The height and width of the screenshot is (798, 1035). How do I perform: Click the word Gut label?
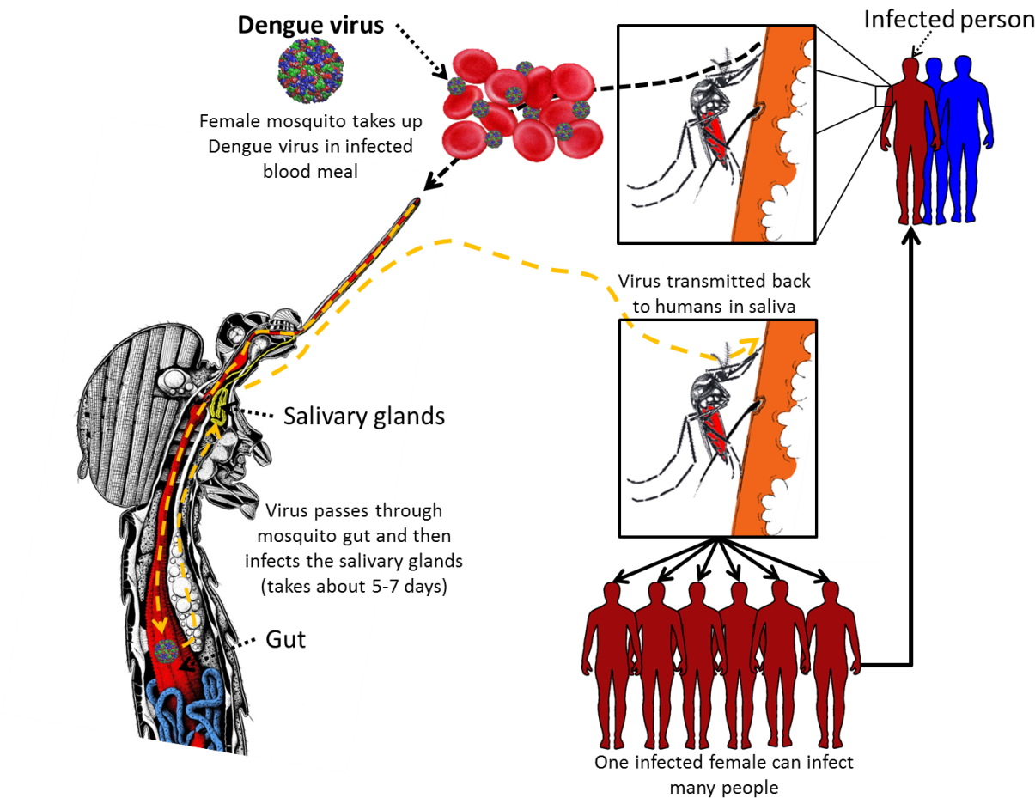point(285,639)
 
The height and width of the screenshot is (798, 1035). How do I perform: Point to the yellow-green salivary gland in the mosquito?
point(220,407)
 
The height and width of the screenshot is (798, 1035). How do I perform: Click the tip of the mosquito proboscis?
point(417,203)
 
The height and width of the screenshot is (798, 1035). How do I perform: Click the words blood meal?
point(309,172)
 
